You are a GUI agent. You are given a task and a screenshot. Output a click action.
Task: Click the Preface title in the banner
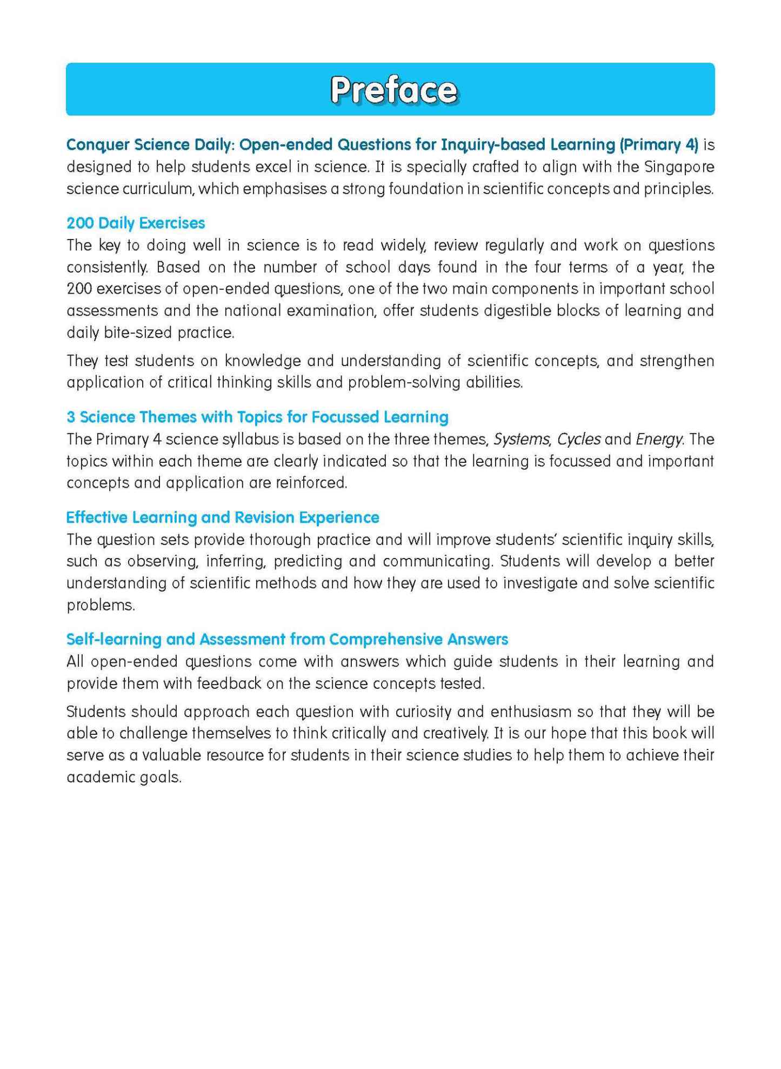tap(393, 90)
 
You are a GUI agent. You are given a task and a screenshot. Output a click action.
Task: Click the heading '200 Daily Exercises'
tap(136, 223)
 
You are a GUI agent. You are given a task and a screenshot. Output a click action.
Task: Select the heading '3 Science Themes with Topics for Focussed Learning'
tap(257, 417)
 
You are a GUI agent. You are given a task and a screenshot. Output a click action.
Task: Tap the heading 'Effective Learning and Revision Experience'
tap(222, 517)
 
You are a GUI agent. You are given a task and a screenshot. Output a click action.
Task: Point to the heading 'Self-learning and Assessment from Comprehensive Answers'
tap(287, 639)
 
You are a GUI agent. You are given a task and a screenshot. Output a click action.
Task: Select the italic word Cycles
tap(579, 439)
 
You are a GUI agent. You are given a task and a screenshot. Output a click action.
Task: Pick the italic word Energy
tap(658, 439)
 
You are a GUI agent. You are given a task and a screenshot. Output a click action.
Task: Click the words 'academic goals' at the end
tap(123, 777)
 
